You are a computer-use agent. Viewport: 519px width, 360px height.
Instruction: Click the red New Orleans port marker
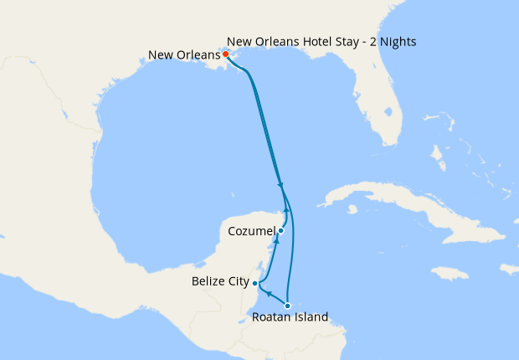pyautogui.click(x=226, y=54)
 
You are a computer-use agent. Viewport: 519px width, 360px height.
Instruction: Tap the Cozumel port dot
pyautogui.click(x=281, y=230)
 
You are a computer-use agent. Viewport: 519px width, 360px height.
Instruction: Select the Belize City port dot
pyautogui.click(x=254, y=284)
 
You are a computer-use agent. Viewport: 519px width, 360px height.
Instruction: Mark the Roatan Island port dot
pyautogui.click(x=287, y=306)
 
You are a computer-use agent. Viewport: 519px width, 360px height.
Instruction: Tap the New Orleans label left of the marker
pyautogui.click(x=183, y=55)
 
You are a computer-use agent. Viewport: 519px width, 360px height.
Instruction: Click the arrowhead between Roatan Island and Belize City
pyautogui.click(x=267, y=294)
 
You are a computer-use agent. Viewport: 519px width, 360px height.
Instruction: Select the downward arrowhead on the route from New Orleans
pyautogui.click(x=280, y=186)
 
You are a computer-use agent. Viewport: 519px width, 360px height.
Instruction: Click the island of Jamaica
pyautogui.click(x=450, y=273)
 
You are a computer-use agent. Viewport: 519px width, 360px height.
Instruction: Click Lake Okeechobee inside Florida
pyautogui.click(x=390, y=111)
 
